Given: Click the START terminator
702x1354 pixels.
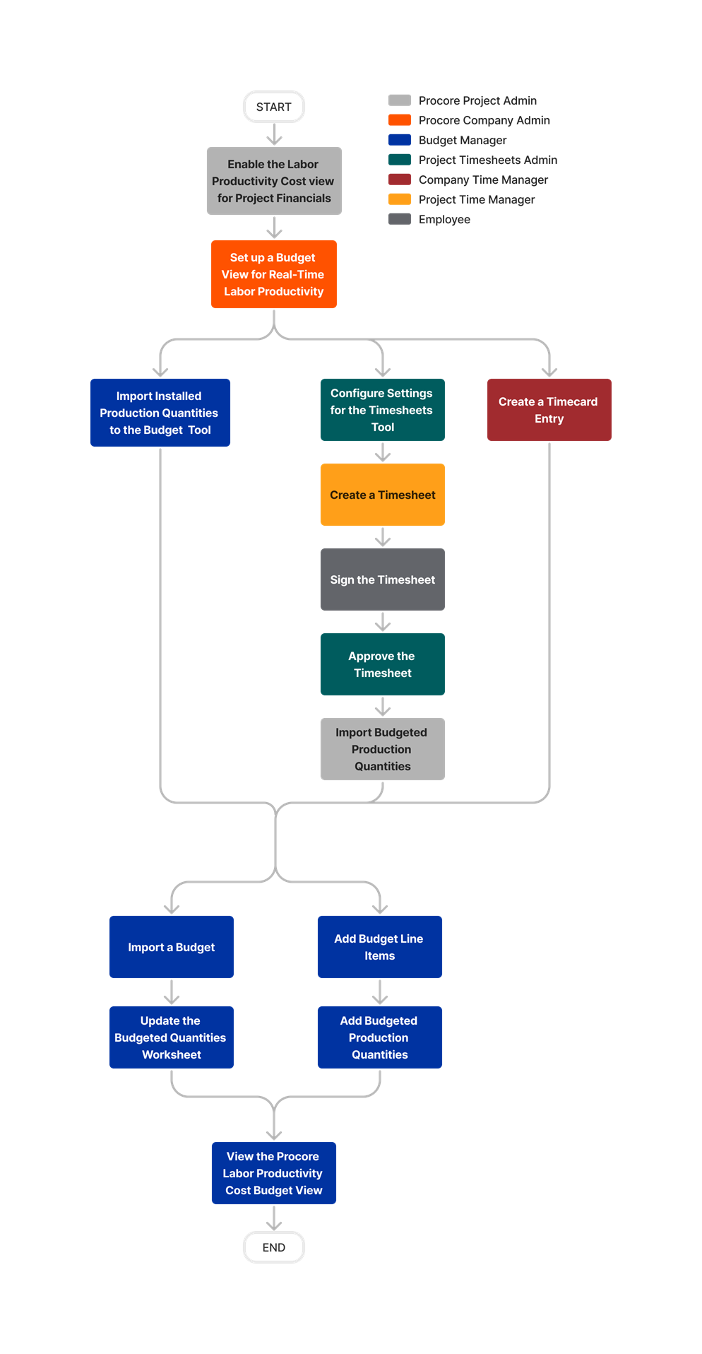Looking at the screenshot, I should pos(273,107).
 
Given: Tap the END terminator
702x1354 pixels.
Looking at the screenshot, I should pos(273,1247).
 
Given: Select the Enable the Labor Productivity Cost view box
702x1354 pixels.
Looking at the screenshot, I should pos(274,181).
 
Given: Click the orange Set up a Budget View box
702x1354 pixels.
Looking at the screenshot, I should pos(274,274).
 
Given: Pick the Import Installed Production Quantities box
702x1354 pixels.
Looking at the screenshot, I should pos(160,413).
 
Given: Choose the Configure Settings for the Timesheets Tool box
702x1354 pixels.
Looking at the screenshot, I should pos(382,410).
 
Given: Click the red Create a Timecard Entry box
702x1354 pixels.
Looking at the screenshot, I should pos(549,410).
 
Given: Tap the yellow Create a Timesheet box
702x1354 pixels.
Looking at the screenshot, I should pos(382,495).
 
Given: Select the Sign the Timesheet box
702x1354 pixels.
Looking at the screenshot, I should pos(382,579).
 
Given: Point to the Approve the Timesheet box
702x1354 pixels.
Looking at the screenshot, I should pos(382,664).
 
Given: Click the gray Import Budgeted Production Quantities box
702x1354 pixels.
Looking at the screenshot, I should pos(382,749).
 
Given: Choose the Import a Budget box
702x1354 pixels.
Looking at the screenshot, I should pos(172,947).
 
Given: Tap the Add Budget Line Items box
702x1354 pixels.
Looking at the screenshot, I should pos(379,947).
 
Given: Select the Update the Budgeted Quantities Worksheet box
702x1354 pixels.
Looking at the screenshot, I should pos(172,1037).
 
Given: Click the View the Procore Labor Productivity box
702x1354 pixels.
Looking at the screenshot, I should pos(274,1173).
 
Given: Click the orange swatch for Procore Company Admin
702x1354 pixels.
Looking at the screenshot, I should pos(400,120).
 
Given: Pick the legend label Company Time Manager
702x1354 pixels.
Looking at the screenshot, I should pos(483,179).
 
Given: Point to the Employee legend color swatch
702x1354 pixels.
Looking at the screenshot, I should pos(400,219).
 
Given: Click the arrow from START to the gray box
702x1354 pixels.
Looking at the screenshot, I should pos(274,134).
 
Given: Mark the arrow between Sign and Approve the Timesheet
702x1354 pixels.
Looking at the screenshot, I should pos(382,622).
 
